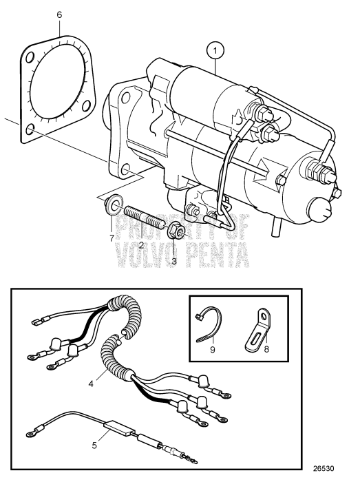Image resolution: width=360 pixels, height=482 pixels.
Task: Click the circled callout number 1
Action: click(x=216, y=50)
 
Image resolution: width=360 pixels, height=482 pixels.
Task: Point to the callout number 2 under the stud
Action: click(x=140, y=244)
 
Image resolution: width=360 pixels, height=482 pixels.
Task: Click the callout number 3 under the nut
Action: click(x=173, y=261)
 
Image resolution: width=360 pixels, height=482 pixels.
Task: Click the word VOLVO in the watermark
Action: click(x=149, y=258)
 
